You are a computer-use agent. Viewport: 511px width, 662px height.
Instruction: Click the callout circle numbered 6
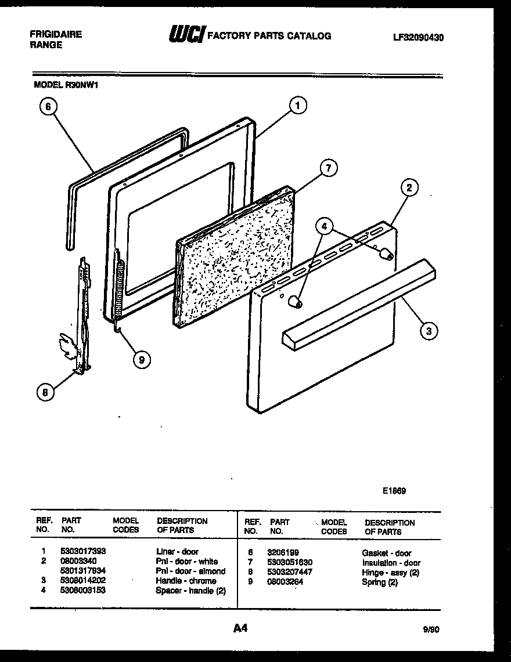coord(49,106)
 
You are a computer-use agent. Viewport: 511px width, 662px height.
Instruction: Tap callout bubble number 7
coord(328,168)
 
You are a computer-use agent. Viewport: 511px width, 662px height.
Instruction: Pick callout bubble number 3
coord(429,331)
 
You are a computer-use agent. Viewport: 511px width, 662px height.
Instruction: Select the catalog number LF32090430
coord(418,37)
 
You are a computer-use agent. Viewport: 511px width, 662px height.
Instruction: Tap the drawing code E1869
coord(394,490)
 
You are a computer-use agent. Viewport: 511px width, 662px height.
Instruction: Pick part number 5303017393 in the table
coord(83,551)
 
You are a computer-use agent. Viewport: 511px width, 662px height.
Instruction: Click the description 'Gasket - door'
coord(386,553)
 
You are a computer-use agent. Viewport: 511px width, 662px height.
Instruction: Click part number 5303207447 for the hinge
coord(291,572)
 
